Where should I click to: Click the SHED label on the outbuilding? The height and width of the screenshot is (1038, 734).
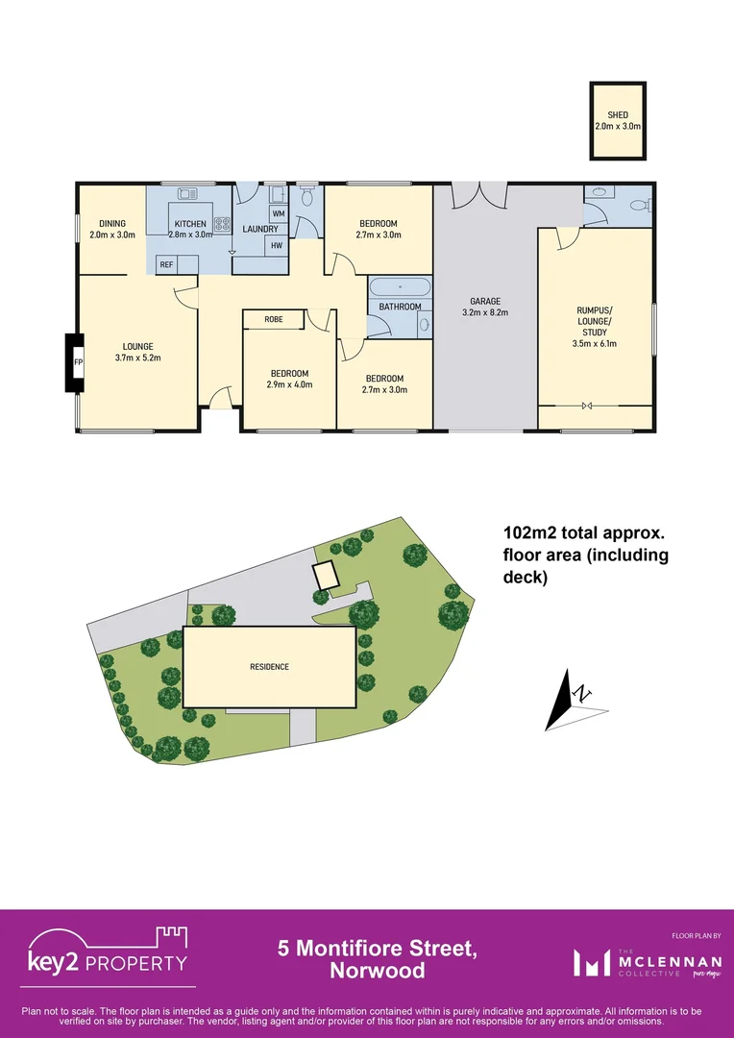click(618, 115)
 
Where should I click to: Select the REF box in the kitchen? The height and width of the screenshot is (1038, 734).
click(166, 265)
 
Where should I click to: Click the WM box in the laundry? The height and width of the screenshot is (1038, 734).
click(278, 213)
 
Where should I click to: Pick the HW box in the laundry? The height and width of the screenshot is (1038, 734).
click(277, 245)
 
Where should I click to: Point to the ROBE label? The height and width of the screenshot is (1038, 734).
click(274, 318)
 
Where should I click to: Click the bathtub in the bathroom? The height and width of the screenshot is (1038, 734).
click(399, 286)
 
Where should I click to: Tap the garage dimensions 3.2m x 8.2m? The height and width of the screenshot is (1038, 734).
click(484, 312)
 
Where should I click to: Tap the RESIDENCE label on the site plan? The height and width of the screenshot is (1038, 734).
click(269, 667)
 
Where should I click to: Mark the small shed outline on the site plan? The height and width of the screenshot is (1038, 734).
click(327, 575)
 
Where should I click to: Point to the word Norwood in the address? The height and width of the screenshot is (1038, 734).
click(378, 971)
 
